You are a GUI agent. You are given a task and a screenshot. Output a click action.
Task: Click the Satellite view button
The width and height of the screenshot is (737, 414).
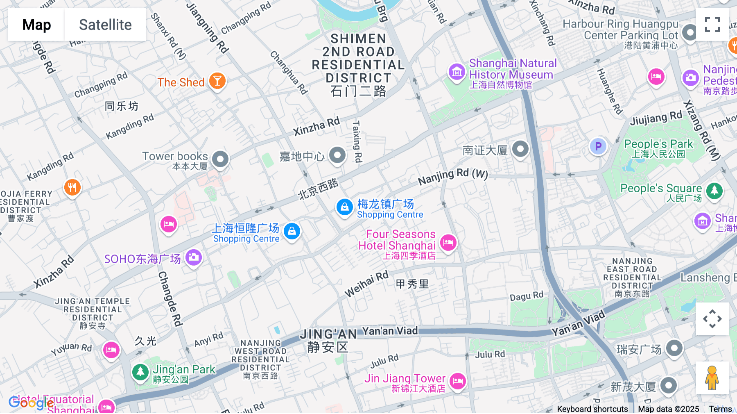tap(105, 25)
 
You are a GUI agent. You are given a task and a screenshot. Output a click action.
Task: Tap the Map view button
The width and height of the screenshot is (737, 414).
tap(36, 25)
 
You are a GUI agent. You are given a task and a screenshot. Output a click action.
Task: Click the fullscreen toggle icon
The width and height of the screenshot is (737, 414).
tap(712, 25)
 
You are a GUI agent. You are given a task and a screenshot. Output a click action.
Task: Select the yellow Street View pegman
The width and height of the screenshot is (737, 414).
tap(712, 378)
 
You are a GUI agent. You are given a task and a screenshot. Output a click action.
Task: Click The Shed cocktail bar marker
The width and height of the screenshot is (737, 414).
tap(217, 81)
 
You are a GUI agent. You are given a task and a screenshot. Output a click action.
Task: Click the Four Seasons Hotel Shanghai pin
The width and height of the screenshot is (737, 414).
tap(448, 243)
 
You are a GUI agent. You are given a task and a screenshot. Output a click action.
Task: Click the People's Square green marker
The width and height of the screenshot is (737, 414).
tap(714, 191)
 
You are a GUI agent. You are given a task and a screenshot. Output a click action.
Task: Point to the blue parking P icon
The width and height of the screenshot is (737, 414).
tap(598, 146)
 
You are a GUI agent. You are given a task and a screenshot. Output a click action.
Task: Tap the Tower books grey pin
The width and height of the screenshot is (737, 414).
tap(220, 159)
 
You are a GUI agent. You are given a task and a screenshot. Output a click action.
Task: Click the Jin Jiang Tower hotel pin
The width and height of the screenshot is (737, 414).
tap(457, 381)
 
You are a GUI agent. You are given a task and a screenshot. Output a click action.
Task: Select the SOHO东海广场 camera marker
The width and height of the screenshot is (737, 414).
tap(193, 257)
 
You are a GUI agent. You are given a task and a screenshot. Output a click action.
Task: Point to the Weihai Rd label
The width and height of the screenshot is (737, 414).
tap(366, 284)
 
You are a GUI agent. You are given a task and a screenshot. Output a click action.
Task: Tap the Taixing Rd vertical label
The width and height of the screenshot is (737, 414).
tap(357, 141)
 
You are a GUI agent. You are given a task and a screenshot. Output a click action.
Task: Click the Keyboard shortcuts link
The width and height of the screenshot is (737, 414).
tap(592, 409)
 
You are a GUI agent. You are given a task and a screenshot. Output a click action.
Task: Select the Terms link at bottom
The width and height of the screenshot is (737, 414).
tap(720, 409)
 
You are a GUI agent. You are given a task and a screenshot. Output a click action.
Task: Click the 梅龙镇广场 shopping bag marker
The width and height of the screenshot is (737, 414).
tap(344, 207)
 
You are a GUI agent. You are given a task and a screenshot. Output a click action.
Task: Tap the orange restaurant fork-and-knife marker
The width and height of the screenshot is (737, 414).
tap(72, 188)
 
